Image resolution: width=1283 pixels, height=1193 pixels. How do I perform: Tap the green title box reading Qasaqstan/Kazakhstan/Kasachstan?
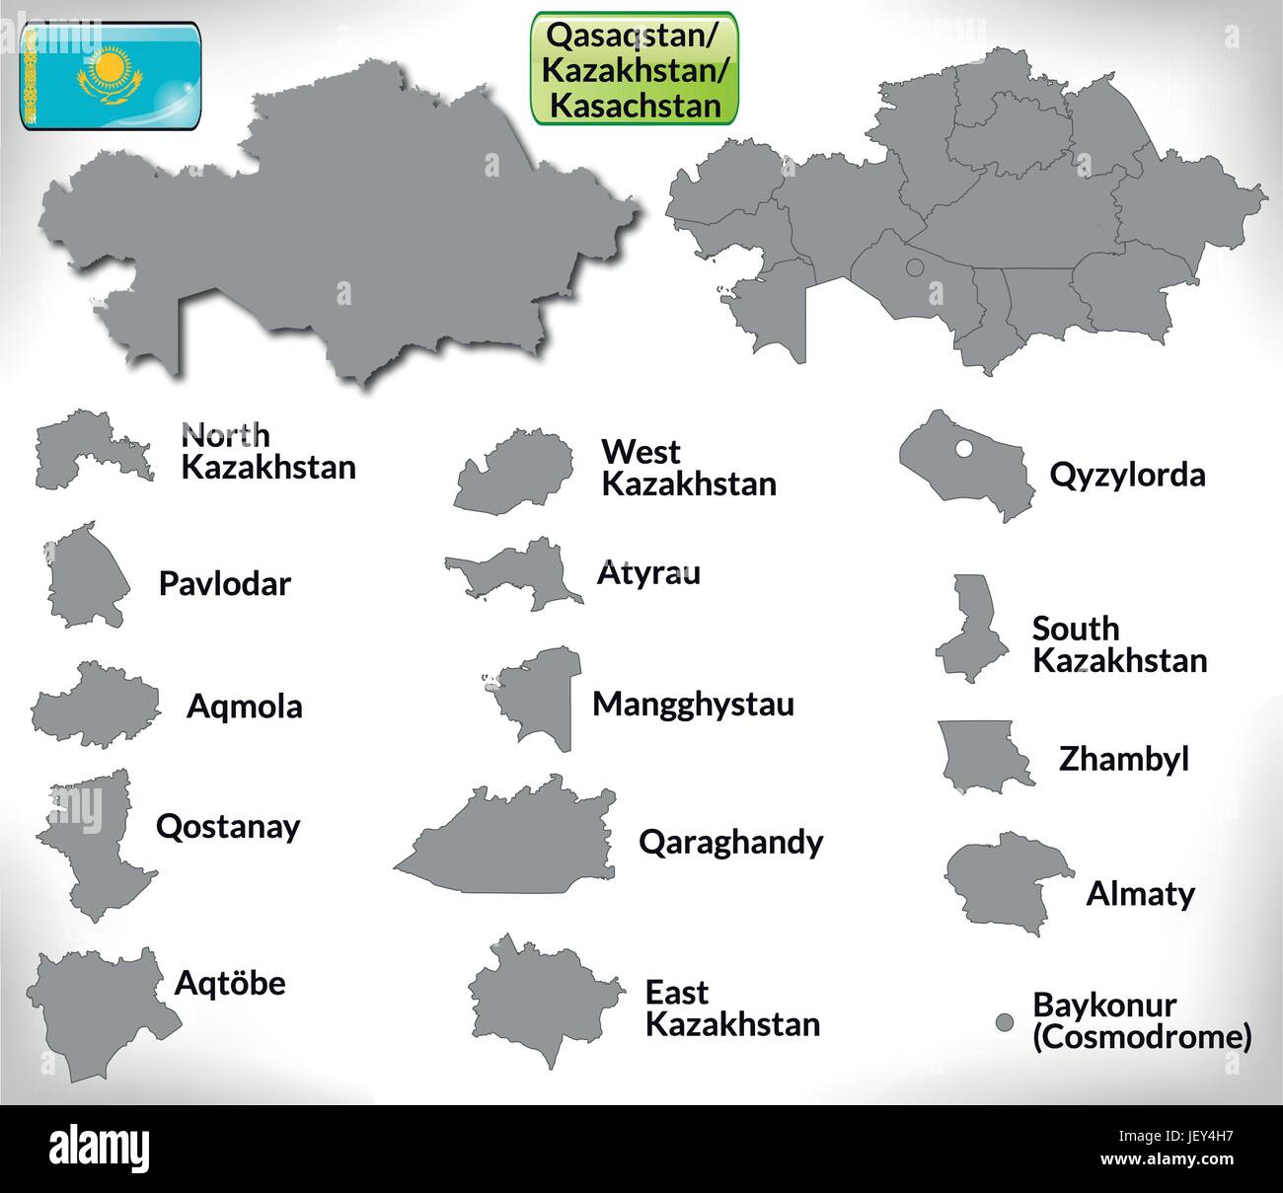[x=635, y=68]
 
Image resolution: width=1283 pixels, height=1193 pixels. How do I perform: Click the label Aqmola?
[x=245, y=707]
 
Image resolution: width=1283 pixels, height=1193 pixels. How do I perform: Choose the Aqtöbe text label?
[x=230, y=982]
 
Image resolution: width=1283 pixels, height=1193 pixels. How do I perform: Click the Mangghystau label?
[x=693, y=705]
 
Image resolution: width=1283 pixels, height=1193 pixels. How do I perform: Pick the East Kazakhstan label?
[x=732, y=1007]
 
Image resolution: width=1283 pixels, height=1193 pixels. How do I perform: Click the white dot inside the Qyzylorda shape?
[x=964, y=450]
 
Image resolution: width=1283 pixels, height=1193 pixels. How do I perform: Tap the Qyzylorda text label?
[x=1127, y=475]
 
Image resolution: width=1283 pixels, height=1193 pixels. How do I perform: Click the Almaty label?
[x=1140, y=893]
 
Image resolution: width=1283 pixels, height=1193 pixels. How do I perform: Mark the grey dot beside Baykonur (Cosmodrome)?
[x=1005, y=1022]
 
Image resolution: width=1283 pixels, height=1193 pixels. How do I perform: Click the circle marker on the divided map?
[x=914, y=267]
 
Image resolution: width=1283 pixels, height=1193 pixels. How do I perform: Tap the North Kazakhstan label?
[x=268, y=450]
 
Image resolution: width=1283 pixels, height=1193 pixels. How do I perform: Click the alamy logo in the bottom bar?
[x=100, y=1149]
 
